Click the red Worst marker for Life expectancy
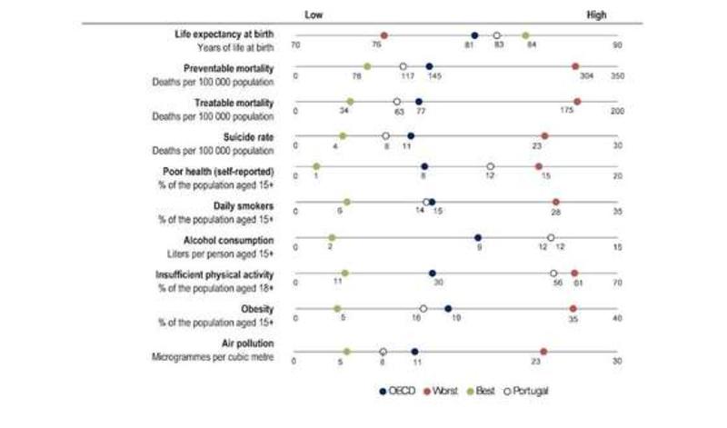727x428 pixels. (x=384, y=35)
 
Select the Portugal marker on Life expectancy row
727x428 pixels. (x=496, y=35)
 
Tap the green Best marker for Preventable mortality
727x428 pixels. (x=367, y=66)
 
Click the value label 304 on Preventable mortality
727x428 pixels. (x=576, y=77)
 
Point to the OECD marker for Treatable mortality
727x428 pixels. (x=418, y=102)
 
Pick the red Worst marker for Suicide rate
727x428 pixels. (x=544, y=135)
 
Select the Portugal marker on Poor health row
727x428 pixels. (x=490, y=167)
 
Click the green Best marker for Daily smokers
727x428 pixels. (x=346, y=202)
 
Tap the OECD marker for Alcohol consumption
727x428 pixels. (x=478, y=237)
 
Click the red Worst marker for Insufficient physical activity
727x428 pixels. (x=574, y=272)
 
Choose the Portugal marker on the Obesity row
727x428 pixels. (x=423, y=308)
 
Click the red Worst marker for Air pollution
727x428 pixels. (x=544, y=351)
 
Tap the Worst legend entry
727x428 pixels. (x=440, y=391)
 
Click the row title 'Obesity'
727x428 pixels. (x=257, y=309)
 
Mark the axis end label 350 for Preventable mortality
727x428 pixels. (x=617, y=77)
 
